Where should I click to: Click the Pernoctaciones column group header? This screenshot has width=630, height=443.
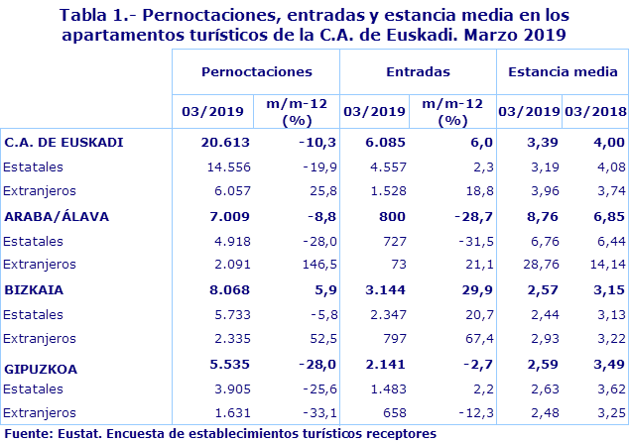[256, 71]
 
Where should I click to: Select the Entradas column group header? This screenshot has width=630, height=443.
[417, 71]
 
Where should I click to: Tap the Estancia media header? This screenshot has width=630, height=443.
[562, 71]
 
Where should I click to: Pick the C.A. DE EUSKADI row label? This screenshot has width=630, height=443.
[63, 142]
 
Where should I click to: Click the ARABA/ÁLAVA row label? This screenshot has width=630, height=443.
[57, 216]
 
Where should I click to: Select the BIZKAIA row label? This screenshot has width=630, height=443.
[35, 291]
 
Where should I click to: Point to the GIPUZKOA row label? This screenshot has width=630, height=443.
[41, 368]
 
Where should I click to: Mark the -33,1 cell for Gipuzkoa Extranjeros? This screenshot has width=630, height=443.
[317, 410]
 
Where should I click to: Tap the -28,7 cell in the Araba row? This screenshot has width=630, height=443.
[471, 216]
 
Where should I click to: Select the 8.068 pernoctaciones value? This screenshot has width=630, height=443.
[225, 291]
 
